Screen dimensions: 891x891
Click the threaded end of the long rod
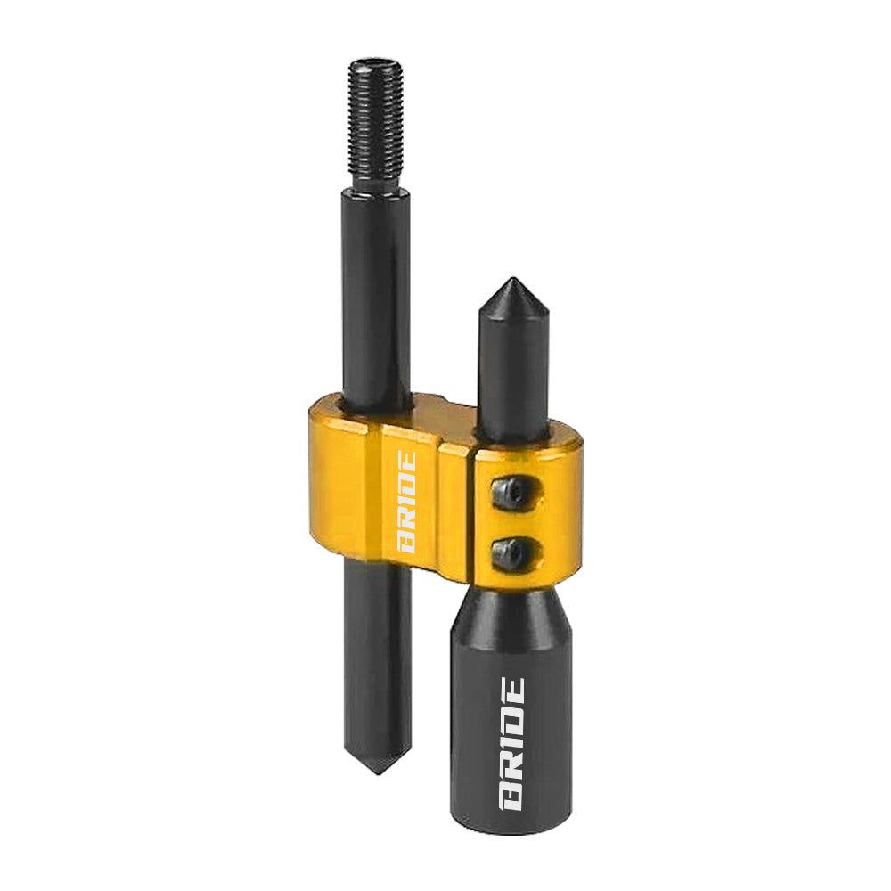376,124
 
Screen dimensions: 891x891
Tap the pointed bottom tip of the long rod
378,772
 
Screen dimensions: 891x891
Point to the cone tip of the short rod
514,280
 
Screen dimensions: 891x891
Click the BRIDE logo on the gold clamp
407,503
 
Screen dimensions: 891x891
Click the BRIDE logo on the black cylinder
511,743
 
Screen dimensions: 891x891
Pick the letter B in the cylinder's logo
511,797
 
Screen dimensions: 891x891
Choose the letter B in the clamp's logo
407,544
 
